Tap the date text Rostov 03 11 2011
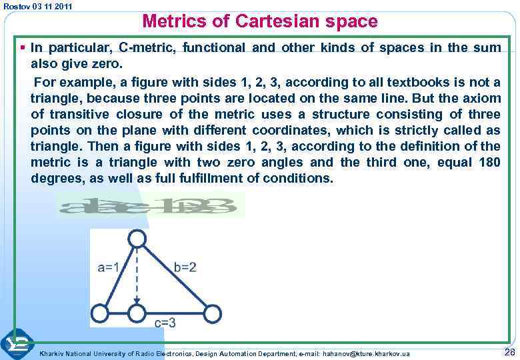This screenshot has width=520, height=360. (x=37, y=6)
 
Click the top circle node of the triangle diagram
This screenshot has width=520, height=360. (x=137, y=238)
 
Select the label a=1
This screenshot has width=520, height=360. (x=109, y=267)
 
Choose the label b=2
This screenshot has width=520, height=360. (x=185, y=267)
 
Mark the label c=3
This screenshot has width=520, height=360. (x=165, y=323)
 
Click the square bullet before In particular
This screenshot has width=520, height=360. (x=23, y=48)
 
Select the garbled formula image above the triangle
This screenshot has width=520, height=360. (x=150, y=205)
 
